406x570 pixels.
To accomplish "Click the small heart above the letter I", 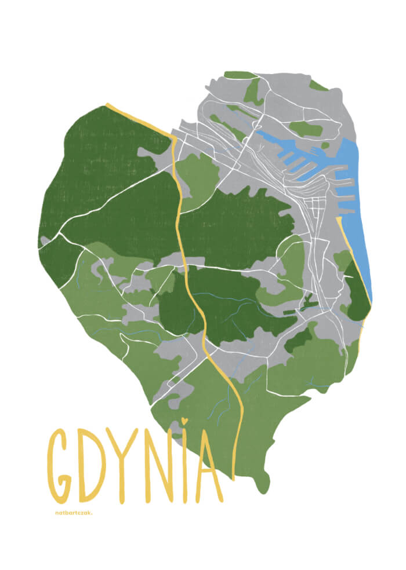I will (x=184, y=421).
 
